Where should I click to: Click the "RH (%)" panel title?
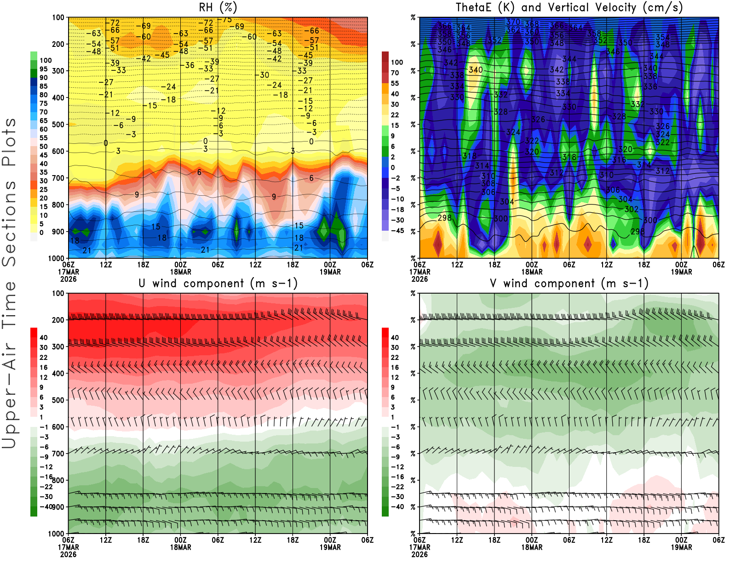pos(218,7)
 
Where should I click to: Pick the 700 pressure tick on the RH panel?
pos(58,178)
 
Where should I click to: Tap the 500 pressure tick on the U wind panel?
pos(58,400)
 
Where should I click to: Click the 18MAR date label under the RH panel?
pos(181,272)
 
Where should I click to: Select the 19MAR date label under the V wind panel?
pos(681,547)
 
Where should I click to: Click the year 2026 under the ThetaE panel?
pos(420,279)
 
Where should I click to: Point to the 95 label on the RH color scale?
pos(43,69)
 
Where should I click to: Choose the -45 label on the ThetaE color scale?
pos(397,231)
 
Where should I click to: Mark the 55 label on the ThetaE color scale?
pos(395,83)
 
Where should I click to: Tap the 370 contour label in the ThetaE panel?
pos(512,22)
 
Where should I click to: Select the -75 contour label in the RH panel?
pos(227,20)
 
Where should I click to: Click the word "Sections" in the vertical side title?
pos(9,223)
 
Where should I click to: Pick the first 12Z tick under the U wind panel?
pos(106,540)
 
